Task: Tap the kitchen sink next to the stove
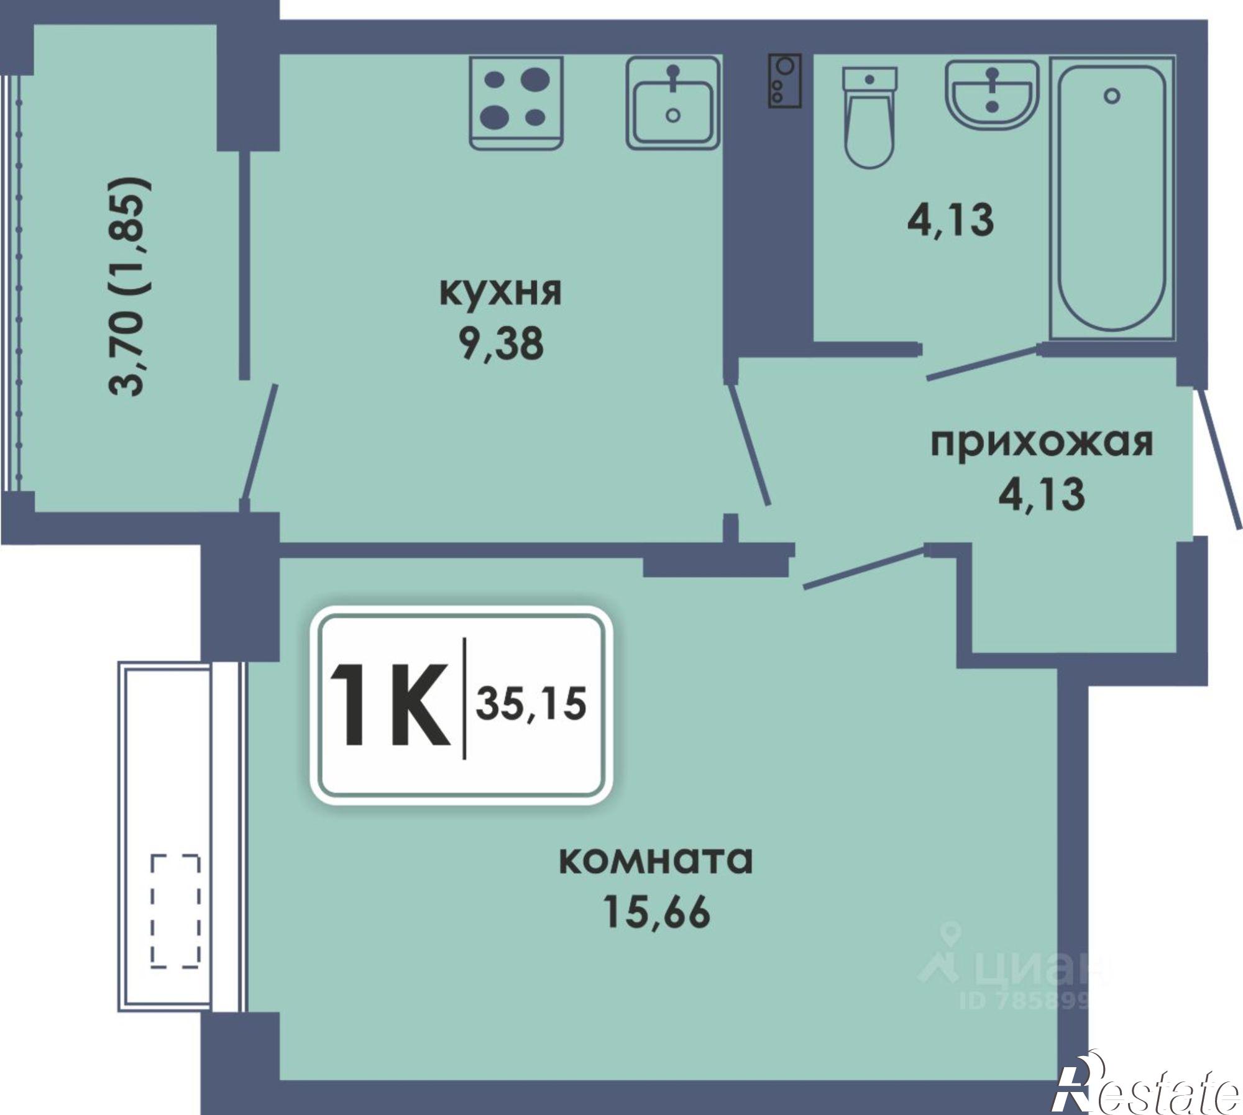click(672, 102)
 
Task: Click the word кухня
click(500, 292)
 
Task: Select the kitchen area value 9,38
click(501, 344)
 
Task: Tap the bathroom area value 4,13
click(951, 219)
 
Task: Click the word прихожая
click(1042, 443)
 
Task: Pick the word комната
click(656, 860)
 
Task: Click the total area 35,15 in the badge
click(531, 705)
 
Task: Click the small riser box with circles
click(785, 81)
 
